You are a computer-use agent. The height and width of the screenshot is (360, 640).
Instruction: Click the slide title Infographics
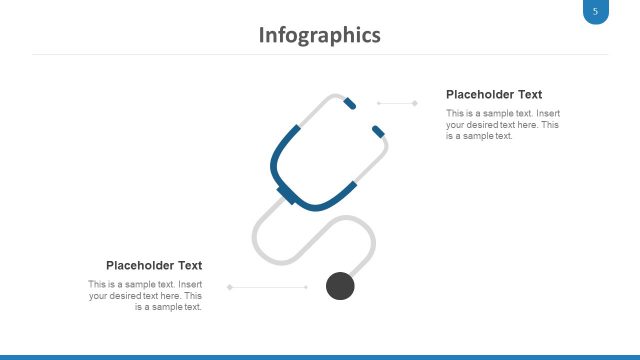pos(319,35)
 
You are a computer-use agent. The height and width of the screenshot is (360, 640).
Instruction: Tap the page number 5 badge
pos(595,12)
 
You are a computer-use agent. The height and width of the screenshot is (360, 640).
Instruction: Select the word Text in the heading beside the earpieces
pos(529,94)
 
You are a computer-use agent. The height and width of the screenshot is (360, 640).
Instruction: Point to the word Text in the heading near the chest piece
pos(190,265)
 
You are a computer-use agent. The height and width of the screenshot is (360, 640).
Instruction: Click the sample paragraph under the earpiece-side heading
pos(502,124)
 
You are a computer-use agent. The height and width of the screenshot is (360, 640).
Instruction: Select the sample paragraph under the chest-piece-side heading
pos(146,295)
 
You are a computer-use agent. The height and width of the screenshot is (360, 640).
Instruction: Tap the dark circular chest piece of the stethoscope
pos(341,286)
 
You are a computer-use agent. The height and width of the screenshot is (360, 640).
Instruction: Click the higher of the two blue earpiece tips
pos(348,102)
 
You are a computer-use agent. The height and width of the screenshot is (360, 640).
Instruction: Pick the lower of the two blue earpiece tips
pos(378,131)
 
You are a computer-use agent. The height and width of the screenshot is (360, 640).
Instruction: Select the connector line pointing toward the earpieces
pos(397,102)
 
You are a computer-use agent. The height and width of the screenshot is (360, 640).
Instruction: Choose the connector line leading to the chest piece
pos(268,287)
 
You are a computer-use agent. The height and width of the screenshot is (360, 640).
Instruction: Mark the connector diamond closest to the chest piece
pos(306,287)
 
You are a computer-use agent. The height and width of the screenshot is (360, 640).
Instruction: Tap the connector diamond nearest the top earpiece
pos(378,102)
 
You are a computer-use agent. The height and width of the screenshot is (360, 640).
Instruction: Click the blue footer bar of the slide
pos(319,356)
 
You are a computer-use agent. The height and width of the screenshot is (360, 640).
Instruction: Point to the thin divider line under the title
pos(319,54)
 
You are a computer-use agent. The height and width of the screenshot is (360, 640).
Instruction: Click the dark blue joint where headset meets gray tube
pos(287,194)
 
